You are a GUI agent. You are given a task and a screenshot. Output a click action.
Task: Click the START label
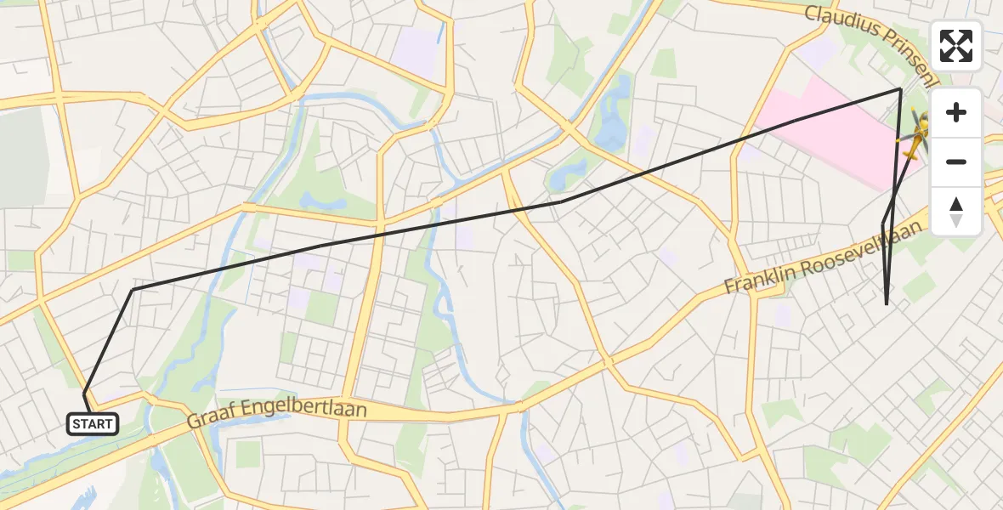92,423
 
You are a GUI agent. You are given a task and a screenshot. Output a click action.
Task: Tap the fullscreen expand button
956,46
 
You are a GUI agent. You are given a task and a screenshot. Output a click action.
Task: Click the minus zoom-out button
956,161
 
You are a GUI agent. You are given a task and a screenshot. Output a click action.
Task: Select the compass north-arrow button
956,211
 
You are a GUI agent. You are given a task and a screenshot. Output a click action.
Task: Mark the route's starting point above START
85,394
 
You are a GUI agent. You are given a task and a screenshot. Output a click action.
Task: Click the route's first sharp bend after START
133,290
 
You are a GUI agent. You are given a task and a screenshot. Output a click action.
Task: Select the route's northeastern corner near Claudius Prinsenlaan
900,89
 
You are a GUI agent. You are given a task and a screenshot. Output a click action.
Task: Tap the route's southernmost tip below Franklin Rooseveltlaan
887,303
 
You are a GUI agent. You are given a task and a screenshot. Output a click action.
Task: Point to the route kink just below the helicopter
883,223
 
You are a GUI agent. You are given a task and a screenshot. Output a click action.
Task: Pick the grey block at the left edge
21,157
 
